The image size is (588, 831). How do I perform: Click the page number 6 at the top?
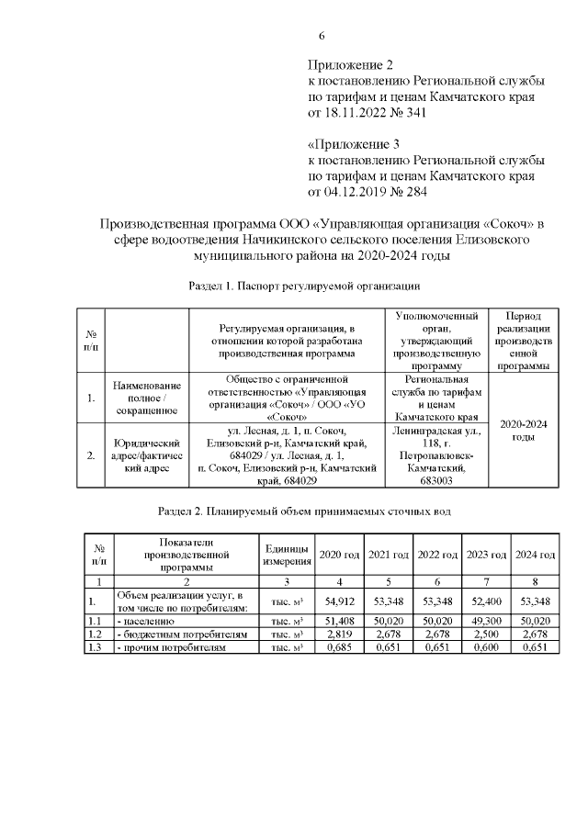(x=322, y=36)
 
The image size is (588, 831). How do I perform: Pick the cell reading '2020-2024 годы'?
(x=524, y=430)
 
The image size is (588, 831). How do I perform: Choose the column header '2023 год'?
(x=486, y=555)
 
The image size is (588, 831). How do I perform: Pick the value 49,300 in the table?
(x=486, y=621)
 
